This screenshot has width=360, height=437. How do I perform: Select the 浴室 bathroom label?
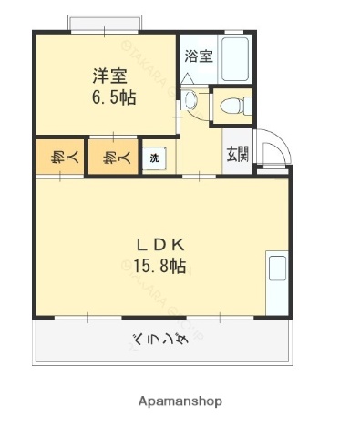[x=199, y=56]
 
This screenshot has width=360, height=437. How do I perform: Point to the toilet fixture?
[x=235, y=106]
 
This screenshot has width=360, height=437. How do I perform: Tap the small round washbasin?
[x=191, y=100]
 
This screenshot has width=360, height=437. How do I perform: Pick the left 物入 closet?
[x=57, y=157]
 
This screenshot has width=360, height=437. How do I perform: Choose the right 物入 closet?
[x=109, y=157]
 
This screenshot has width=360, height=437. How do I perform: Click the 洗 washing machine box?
[x=154, y=158]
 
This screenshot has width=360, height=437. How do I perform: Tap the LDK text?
[x=161, y=244]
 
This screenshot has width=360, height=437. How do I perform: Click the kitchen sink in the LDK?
[x=275, y=269]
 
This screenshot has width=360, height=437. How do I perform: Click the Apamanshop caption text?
[x=180, y=401]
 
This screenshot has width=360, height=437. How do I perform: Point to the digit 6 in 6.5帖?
[x=95, y=96]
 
